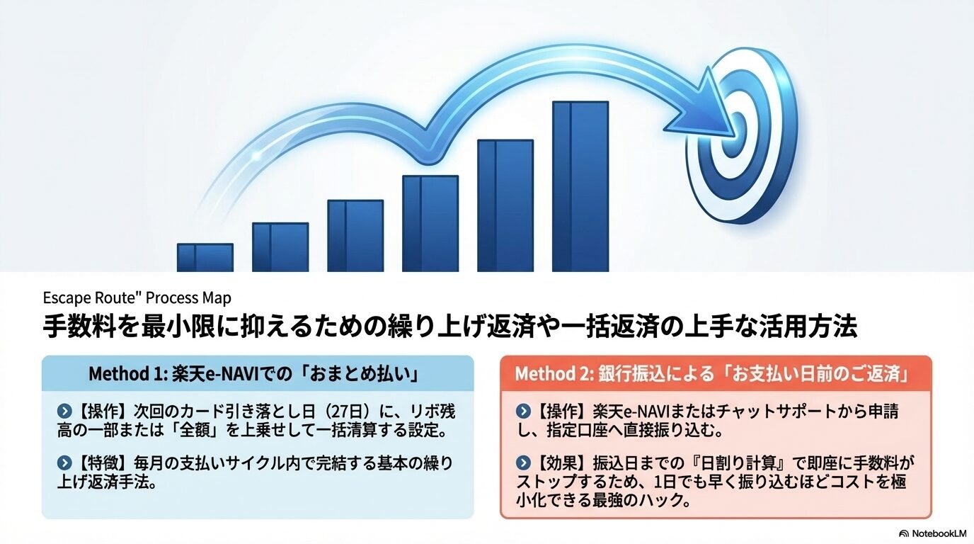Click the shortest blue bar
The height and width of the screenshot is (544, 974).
coord(205,258)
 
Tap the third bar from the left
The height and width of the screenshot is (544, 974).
coord(355,236)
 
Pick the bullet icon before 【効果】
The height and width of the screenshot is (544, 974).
coord(524,463)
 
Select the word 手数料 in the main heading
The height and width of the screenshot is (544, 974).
coord(76,328)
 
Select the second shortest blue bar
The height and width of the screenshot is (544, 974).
coord(280,247)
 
